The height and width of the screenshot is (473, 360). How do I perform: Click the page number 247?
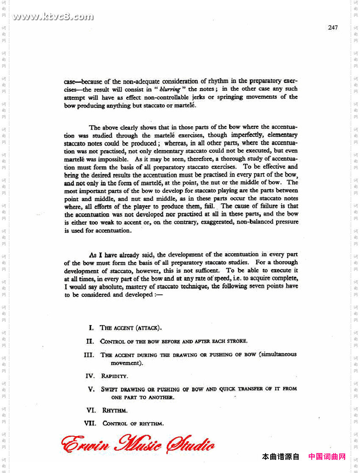[x=332, y=28]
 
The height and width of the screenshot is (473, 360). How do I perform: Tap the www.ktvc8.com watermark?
[x=53, y=17]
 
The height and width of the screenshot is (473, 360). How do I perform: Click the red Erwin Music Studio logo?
[x=138, y=444]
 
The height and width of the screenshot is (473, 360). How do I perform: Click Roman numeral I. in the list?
[x=91, y=328]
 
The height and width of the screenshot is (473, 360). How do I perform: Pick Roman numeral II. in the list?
[x=90, y=341]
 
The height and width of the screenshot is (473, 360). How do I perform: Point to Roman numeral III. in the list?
[x=89, y=355]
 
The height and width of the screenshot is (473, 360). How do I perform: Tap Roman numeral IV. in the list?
[x=90, y=376]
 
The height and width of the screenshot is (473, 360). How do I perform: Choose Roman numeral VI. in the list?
[x=91, y=410]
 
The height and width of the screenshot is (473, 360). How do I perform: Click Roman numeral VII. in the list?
[x=90, y=423]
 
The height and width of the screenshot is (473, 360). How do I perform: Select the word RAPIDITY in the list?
[x=114, y=376]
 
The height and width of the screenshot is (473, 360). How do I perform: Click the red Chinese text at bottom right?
[x=327, y=456]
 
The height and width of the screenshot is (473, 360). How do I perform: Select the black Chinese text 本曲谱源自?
[x=280, y=456]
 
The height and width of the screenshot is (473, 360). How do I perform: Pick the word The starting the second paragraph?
[x=94, y=127]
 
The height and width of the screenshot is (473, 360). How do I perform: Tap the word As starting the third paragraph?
[x=93, y=255]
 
